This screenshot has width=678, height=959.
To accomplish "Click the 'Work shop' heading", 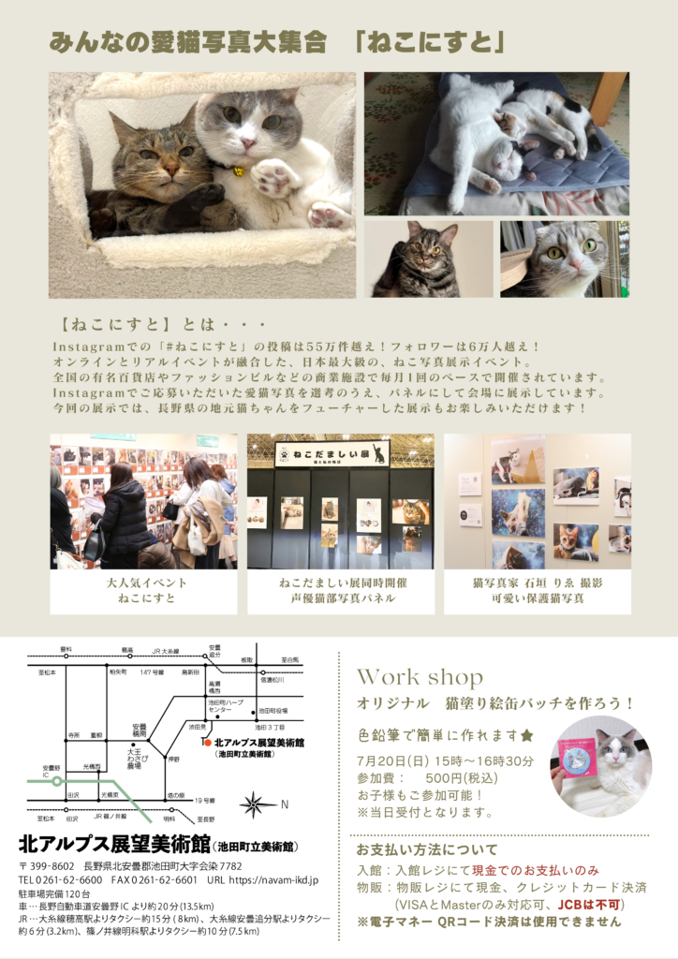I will (420, 677).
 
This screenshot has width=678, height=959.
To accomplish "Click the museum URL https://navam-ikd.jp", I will (275, 880).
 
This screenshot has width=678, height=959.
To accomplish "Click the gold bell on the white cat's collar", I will (238, 171).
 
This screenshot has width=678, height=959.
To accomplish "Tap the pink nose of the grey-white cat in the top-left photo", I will (247, 143).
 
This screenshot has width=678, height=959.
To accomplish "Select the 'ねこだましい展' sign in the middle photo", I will (332, 453).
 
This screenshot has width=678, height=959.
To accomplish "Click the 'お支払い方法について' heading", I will (427, 850).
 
